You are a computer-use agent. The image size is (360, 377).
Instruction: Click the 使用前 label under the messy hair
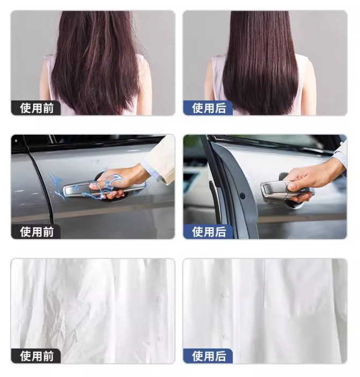36,108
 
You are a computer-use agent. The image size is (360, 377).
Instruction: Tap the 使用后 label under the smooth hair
209,108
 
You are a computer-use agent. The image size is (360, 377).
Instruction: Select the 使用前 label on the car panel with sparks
36,232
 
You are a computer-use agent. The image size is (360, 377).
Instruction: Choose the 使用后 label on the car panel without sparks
209,232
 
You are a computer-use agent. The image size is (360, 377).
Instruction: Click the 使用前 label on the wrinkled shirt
36,356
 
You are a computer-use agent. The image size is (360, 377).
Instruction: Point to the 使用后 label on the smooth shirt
209,356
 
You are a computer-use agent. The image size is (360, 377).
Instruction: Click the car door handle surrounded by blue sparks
103,189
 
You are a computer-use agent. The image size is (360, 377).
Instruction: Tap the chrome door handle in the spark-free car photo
286,190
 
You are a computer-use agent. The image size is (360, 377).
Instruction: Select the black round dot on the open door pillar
243,195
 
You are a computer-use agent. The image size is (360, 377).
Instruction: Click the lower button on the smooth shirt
225,337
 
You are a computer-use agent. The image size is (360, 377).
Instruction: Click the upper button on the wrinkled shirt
159,299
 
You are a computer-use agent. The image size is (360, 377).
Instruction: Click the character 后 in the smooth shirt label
221,356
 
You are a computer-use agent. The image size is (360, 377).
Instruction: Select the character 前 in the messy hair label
48,108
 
